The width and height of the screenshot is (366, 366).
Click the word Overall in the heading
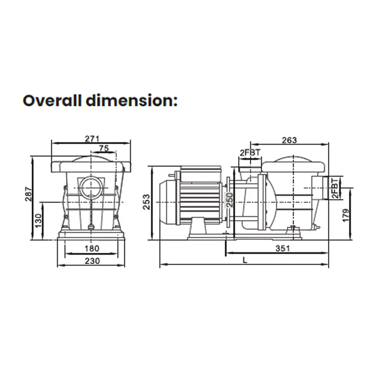click(x=52, y=101)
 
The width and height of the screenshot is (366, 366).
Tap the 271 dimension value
click(x=92, y=139)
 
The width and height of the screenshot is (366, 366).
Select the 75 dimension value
click(x=104, y=148)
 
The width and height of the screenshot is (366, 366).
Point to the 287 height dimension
click(x=29, y=194)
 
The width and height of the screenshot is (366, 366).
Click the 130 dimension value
click(x=38, y=221)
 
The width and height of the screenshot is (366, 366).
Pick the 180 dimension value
click(x=92, y=249)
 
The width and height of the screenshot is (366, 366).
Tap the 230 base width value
click(x=92, y=261)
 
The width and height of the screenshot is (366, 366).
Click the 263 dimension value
click(x=289, y=140)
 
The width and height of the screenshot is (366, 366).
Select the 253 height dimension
click(x=147, y=202)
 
